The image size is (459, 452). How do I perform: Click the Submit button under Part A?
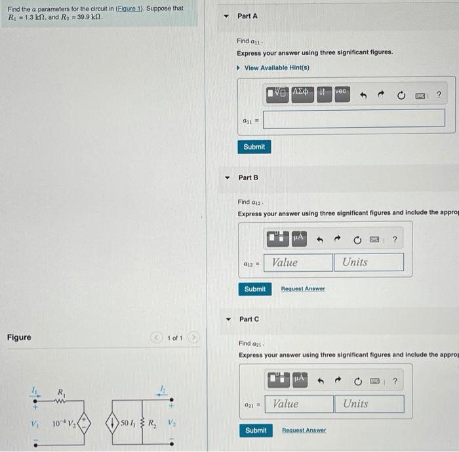pyautogui.click(x=254, y=147)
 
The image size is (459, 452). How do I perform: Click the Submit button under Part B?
pyautogui.click(x=254, y=289)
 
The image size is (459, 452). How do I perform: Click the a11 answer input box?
pyautogui.click(x=355, y=118)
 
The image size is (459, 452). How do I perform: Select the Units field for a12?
pyautogui.click(x=370, y=262)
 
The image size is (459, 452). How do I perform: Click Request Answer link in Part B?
pyautogui.click(x=303, y=289)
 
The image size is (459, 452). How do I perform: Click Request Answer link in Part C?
pyautogui.click(x=304, y=430)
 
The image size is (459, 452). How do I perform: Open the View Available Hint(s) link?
pyautogui.click(x=276, y=68)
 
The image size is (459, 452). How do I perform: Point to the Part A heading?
pyautogui.click(x=248, y=16)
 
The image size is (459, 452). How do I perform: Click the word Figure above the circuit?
pyautogui.click(x=19, y=337)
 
